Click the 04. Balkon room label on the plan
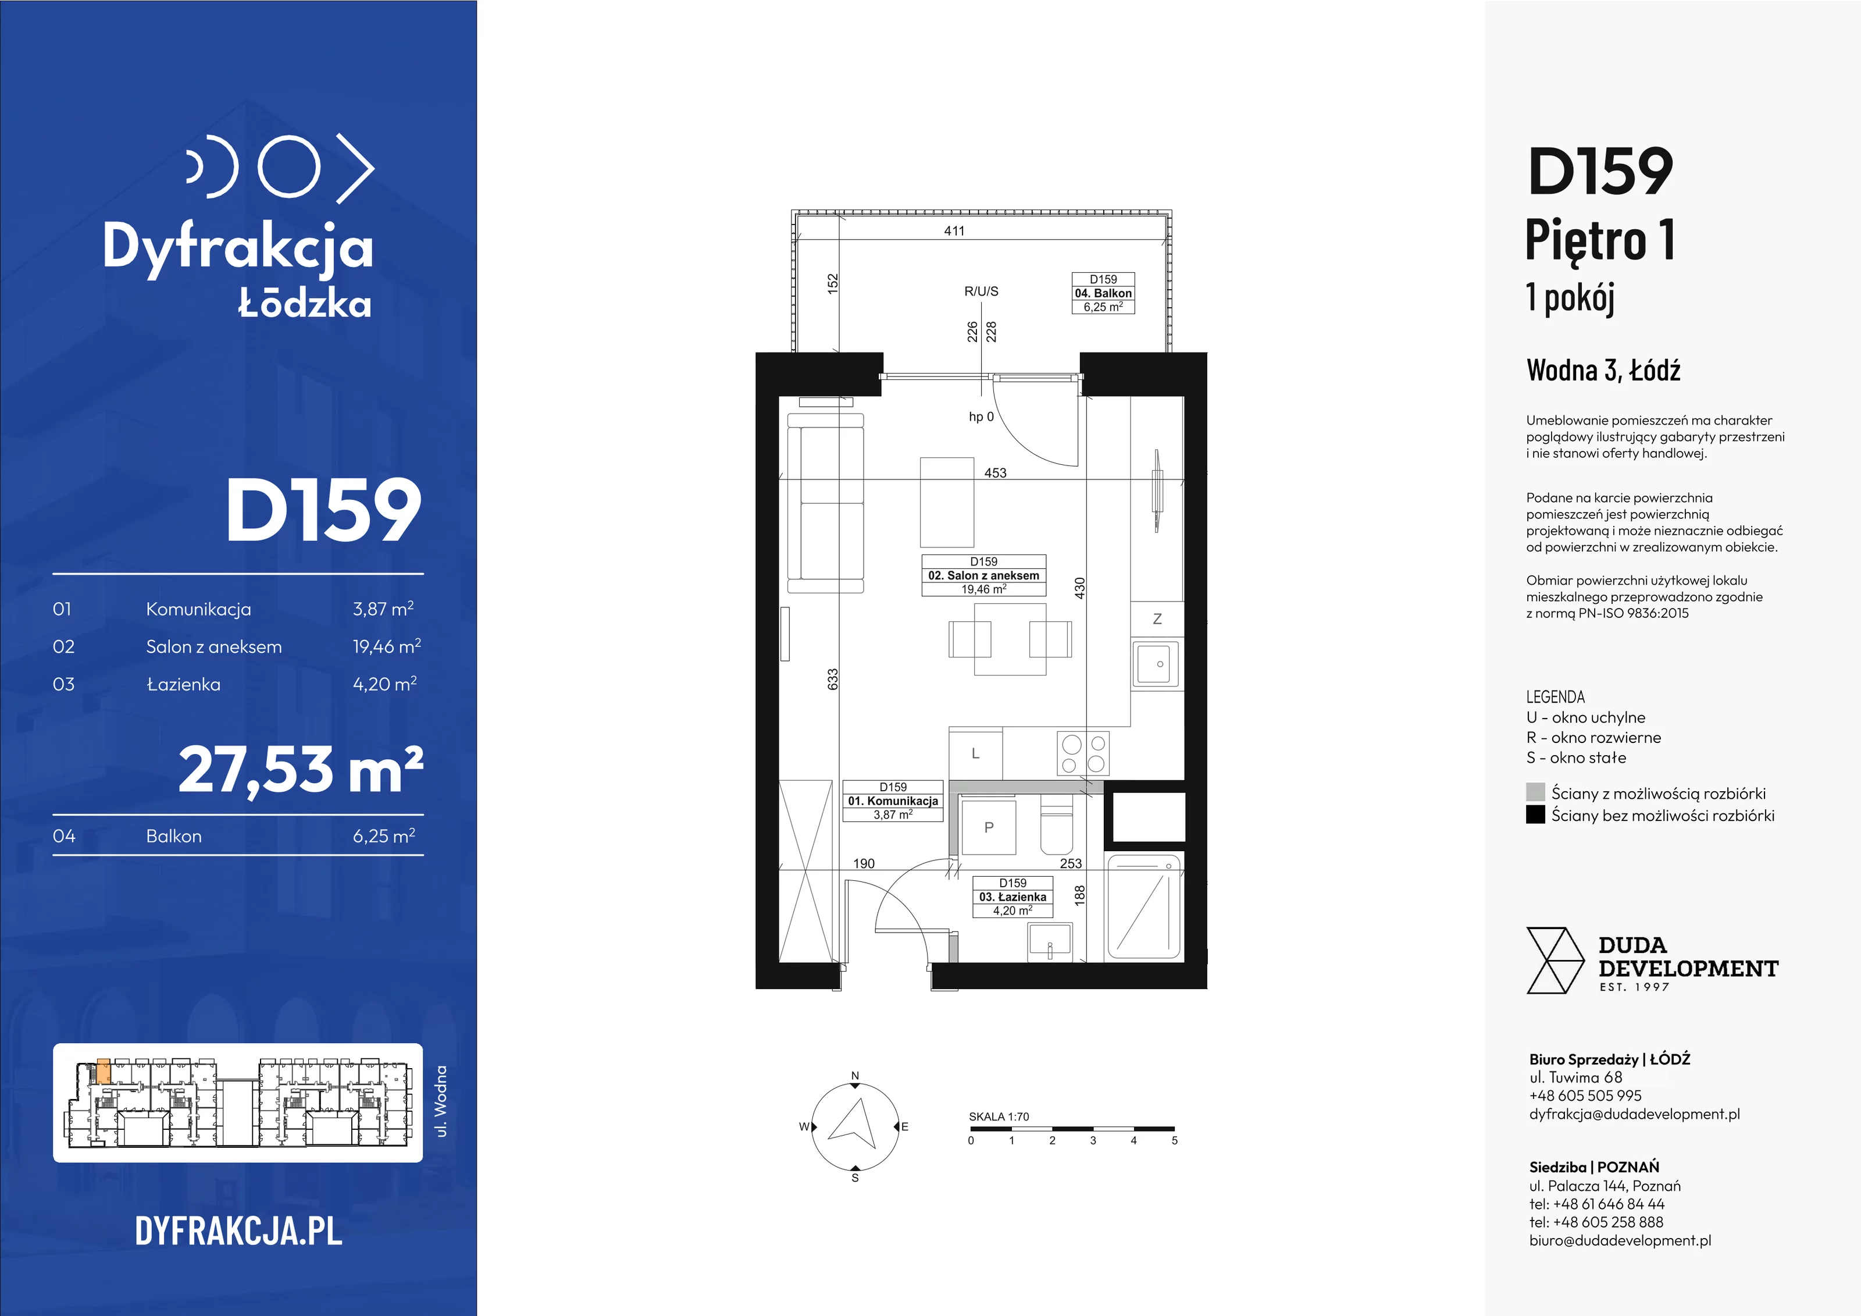(x=1103, y=293)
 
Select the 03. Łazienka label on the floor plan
(x=1013, y=897)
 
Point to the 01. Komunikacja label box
(x=893, y=801)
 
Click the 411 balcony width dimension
(x=954, y=231)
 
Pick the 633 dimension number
(x=832, y=680)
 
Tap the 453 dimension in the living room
(x=995, y=473)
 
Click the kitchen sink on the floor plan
(x=1157, y=664)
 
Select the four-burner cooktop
(x=1083, y=754)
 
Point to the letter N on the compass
(x=854, y=1076)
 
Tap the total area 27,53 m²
(x=301, y=770)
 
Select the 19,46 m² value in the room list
(x=387, y=646)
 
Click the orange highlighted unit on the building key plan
(x=103, y=1070)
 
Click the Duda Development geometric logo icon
(x=1555, y=961)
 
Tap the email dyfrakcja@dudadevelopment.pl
(x=1634, y=1114)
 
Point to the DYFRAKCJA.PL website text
(x=238, y=1231)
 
